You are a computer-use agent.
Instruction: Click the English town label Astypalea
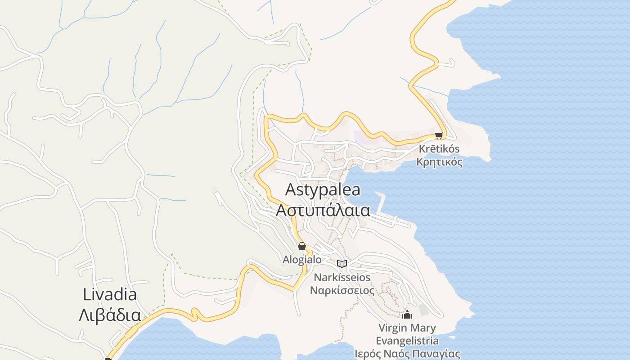coord(323,190)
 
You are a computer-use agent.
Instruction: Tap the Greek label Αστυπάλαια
coord(323,210)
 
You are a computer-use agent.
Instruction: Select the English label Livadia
coord(110,295)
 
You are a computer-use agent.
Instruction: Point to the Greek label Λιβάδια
coord(110,315)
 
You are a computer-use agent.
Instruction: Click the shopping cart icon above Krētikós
coord(439,135)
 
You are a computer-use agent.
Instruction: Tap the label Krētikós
coord(439,149)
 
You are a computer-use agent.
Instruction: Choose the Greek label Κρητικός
coord(439,162)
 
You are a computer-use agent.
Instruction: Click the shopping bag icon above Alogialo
coord(302,246)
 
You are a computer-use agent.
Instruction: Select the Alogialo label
coord(302,260)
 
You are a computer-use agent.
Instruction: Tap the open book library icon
coord(342,264)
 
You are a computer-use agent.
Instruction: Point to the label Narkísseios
coord(342,277)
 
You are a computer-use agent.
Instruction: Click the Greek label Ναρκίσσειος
coord(342,290)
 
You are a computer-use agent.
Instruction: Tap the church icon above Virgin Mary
coord(408,315)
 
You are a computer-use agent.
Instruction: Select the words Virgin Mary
coord(407,328)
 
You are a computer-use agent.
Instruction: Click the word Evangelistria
coord(407,341)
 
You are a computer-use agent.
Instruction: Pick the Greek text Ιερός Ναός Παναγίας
coord(407,354)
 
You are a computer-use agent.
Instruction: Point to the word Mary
coord(423,328)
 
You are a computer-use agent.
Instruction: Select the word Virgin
coord(393,328)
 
